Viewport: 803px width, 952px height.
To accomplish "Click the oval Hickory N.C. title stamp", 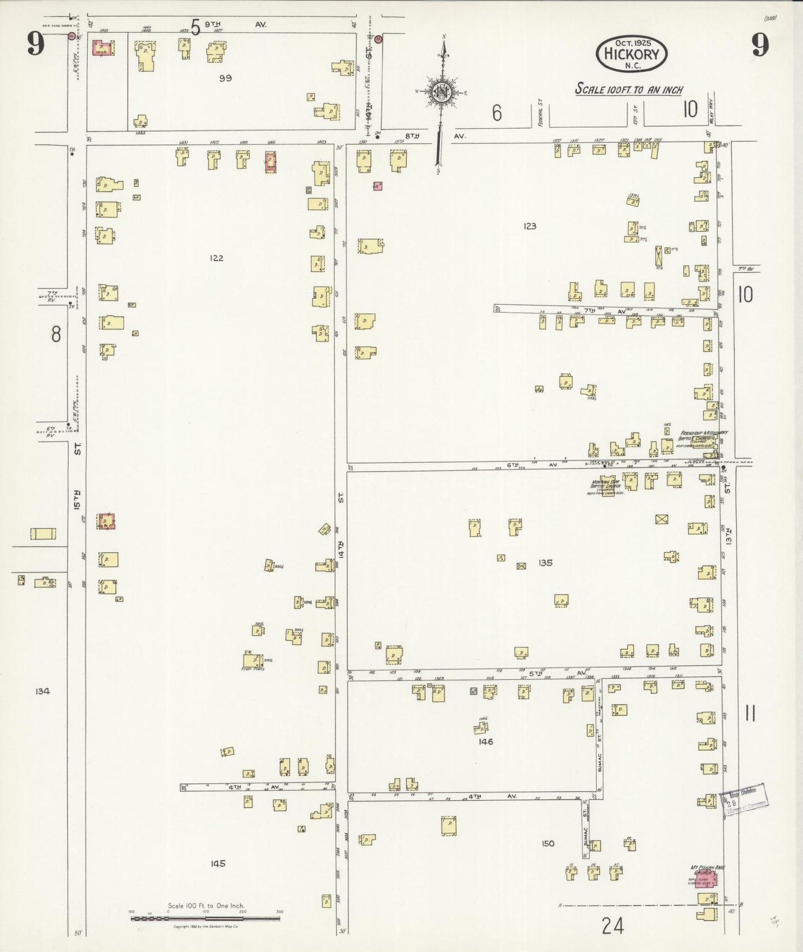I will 631,54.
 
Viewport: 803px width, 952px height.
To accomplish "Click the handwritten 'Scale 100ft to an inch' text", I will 629,89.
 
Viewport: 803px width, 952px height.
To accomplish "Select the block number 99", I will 225,78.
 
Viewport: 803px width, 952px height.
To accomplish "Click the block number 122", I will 217,258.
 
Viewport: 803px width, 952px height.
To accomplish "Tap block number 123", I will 530,226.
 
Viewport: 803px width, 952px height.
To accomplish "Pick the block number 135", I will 545,563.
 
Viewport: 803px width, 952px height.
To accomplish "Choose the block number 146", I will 485,741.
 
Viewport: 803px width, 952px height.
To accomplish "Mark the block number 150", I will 548,843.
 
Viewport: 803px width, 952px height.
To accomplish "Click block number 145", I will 218,863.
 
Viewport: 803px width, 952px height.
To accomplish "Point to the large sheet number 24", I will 612,926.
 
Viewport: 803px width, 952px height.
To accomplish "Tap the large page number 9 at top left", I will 35,44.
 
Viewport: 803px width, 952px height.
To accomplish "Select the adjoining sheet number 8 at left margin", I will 56,334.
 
